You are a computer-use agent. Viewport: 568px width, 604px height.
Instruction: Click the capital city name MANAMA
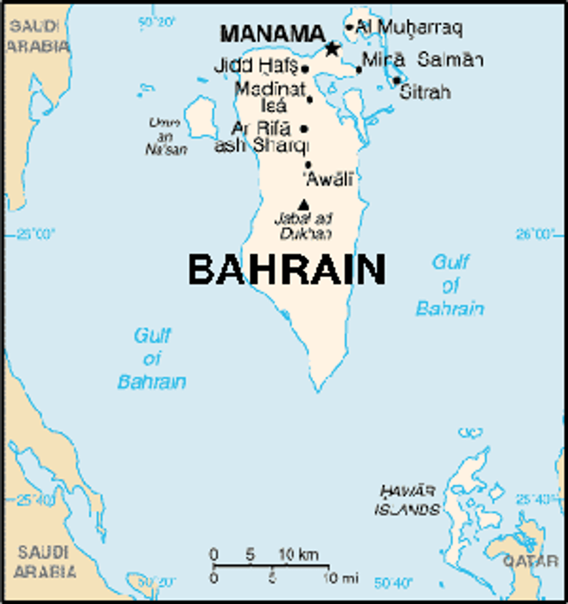click(x=273, y=34)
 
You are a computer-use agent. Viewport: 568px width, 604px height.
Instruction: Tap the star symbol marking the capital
click(x=333, y=48)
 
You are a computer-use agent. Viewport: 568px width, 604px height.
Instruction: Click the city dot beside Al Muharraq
click(x=349, y=27)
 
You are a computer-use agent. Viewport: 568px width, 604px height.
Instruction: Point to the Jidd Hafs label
click(x=256, y=65)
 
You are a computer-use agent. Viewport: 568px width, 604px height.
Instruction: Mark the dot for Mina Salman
click(x=359, y=70)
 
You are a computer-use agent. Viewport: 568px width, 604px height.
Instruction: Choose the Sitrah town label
click(x=425, y=92)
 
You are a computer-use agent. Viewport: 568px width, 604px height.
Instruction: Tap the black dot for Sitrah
click(x=397, y=80)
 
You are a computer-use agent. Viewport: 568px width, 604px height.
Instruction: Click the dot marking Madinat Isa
click(x=310, y=99)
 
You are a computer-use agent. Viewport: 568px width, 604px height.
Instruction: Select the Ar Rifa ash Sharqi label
click(x=261, y=137)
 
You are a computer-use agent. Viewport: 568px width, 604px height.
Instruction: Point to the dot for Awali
click(x=308, y=165)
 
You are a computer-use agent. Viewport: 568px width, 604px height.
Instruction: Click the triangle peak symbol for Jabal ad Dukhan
click(x=304, y=204)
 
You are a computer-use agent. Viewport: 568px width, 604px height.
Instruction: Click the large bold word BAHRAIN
click(x=287, y=269)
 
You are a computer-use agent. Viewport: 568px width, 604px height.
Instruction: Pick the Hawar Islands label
click(x=408, y=500)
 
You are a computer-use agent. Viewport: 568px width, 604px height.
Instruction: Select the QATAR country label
click(x=531, y=561)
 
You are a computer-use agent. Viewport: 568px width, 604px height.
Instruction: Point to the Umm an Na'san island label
click(x=166, y=137)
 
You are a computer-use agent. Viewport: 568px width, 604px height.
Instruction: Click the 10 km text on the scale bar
click(x=298, y=554)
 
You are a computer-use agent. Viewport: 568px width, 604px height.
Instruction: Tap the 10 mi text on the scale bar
click(x=341, y=578)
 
